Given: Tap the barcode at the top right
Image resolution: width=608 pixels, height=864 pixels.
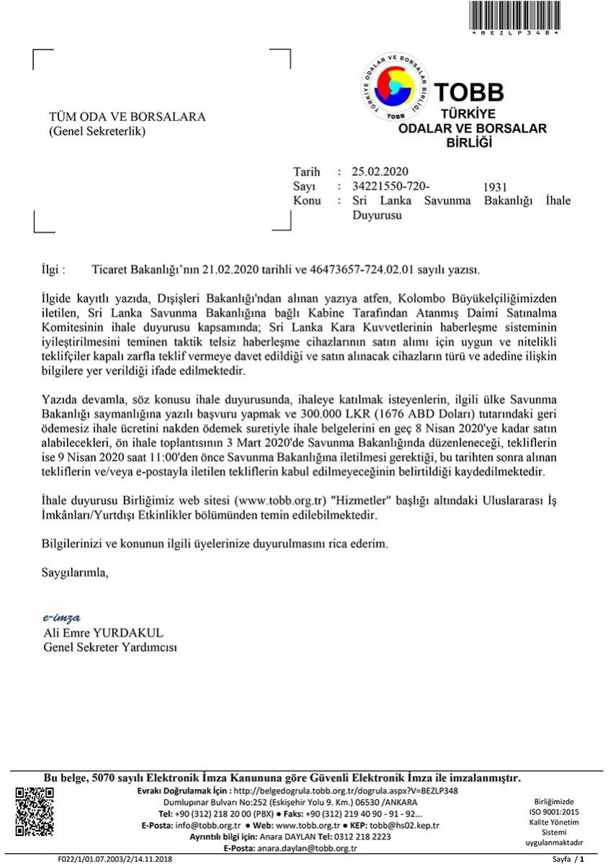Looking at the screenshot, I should (x=515, y=16).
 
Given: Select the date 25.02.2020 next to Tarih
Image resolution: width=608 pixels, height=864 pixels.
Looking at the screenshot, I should (x=380, y=171).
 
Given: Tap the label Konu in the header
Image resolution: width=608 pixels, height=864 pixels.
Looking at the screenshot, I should (x=307, y=200).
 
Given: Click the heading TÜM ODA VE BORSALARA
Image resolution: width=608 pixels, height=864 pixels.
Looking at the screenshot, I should (x=127, y=117).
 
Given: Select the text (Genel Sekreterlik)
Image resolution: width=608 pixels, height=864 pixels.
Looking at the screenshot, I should (x=97, y=131).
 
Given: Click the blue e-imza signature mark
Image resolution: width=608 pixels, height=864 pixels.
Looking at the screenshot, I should (x=62, y=618).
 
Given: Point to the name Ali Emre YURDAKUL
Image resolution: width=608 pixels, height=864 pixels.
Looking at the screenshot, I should (x=104, y=633).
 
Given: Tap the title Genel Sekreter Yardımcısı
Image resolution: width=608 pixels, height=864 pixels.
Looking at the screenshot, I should (x=110, y=647).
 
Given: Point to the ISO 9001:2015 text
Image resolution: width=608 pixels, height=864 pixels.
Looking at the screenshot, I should (x=554, y=811).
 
